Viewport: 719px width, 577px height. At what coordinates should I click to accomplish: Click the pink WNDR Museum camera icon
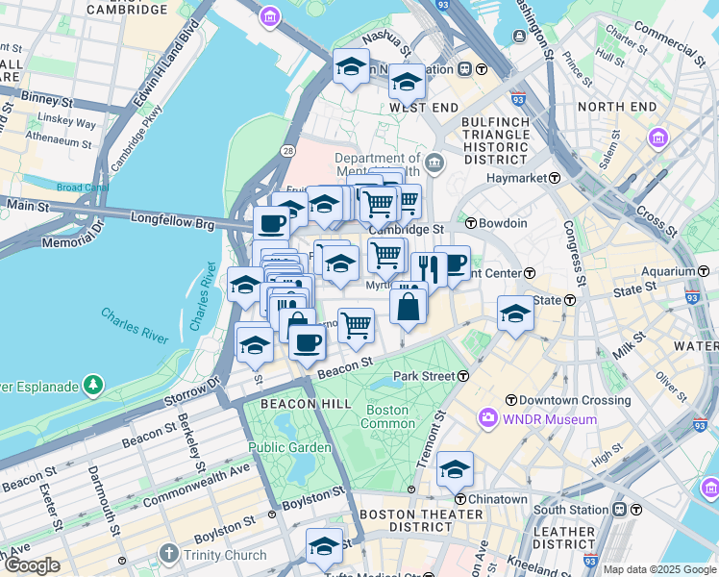coord(488,418)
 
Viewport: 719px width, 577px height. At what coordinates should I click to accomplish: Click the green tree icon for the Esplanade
coord(92,386)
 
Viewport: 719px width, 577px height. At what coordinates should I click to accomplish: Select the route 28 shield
coord(287,150)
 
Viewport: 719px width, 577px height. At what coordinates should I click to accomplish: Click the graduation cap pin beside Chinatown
coord(455,468)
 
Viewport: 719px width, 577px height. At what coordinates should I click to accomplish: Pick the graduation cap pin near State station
coord(515,313)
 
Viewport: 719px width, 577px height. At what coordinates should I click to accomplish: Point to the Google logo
coord(32,564)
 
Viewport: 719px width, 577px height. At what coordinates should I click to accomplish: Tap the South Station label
coord(573,509)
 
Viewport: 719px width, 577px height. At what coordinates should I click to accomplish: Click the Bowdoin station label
coord(504,223)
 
